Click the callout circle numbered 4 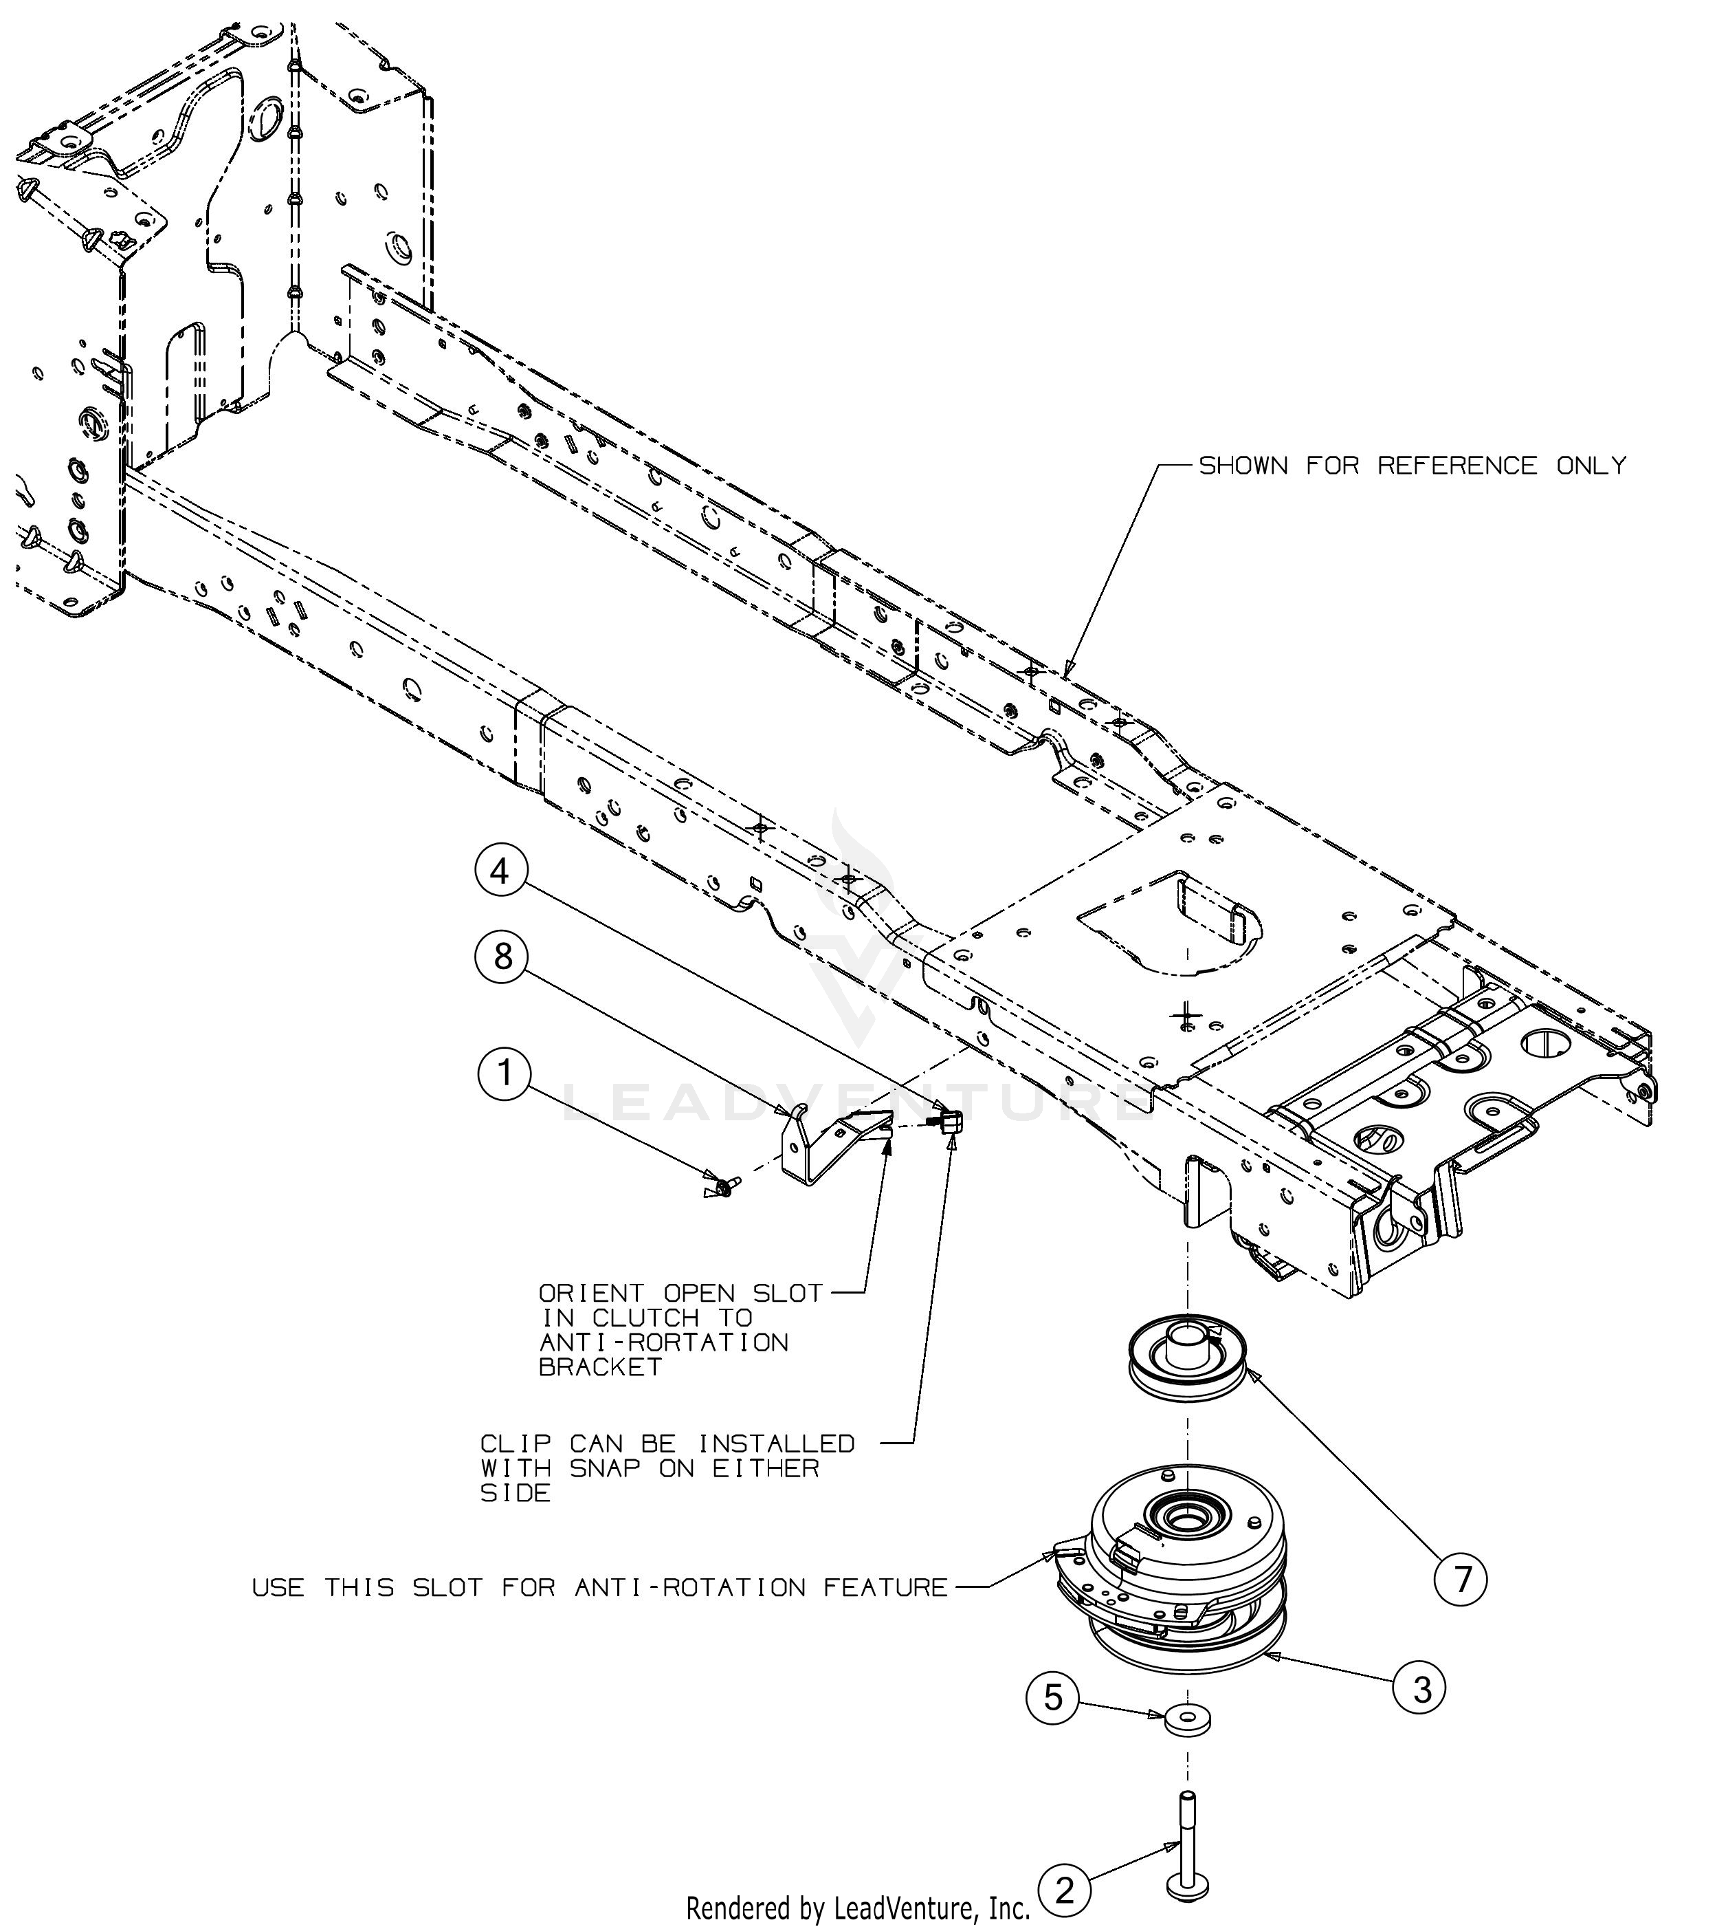click(x=500, y=870)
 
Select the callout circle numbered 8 click(x=503, y=957)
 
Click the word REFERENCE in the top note click(x=1456, y=466)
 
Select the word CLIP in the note click(x=515, y=1470)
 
